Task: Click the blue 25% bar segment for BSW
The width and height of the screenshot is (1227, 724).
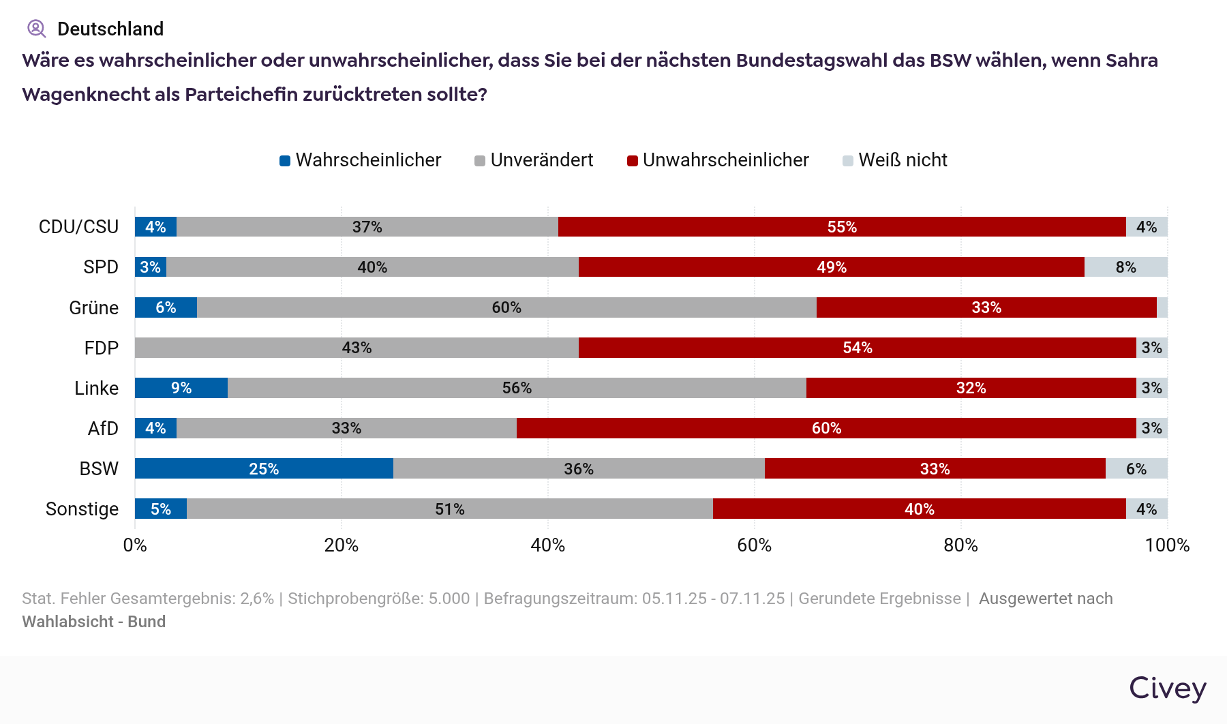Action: [x=264, y=468]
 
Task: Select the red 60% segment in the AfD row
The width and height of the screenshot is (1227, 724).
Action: [x=826, y=428]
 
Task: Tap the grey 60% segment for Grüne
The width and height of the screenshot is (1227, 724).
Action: [x=506, y=307]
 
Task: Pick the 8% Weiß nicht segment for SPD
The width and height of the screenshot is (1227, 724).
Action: [x=1125, y=267]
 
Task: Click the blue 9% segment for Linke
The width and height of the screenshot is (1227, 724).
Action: [x=181, y=388]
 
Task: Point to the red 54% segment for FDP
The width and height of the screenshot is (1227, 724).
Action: [x=857, y=348]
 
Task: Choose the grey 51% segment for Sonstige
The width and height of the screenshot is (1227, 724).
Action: [x=450, y=509]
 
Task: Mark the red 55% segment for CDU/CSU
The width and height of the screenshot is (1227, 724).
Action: [x=842, y=227]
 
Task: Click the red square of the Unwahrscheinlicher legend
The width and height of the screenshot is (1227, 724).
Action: [x=633, y=161]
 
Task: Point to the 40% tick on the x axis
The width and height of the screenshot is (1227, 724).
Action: [x=548, y=545]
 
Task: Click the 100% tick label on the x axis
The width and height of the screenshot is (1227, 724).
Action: [x=1167, y=545]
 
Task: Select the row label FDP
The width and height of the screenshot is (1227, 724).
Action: [x=101, y=348]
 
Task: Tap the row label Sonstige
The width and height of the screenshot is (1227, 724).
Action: [x=82, y=509]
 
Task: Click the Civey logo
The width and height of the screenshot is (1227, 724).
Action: [x=1167, y=688]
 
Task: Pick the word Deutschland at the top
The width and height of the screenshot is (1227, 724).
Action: [x=110, y=29]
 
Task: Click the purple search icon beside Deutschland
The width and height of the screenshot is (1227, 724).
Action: [x=36, y=29]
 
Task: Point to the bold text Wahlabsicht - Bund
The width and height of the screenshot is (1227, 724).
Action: [x=94, y=622]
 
